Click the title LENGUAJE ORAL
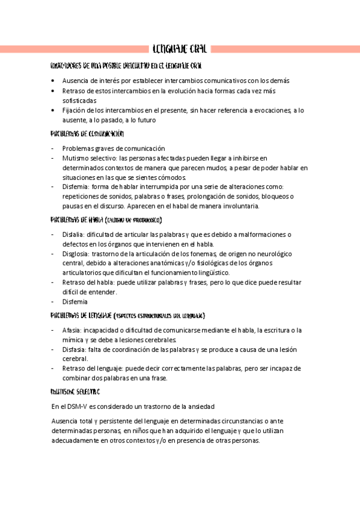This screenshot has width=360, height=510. [x=180, y=49]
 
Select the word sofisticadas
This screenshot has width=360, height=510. [x=79, y=100]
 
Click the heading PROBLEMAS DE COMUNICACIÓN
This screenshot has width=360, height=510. [x=87, y=134]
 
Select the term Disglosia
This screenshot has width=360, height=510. [x=75, y=254]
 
